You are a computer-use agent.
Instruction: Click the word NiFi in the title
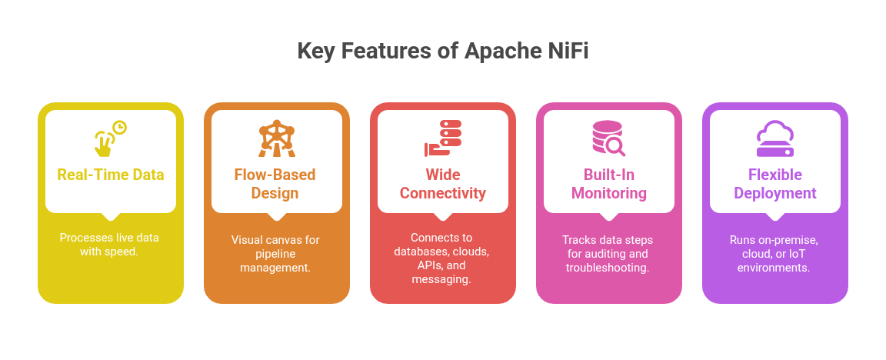(x=568, y=52)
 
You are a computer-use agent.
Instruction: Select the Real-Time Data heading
(x=111, y=175)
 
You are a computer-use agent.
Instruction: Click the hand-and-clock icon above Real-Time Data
(x=110, y=138)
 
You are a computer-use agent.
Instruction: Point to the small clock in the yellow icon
(x=119, y=128)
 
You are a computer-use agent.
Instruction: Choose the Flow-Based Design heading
(x=275, y=184)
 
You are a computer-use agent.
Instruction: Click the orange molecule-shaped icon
(x=276, y=138)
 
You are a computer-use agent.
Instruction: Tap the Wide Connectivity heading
(x=443, y=184)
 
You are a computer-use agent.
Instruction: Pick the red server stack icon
(x=443, y=138)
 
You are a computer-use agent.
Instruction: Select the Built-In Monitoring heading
(x=609, y=184)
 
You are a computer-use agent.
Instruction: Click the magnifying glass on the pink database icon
(x=615, y=147)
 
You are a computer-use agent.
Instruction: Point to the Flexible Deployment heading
(x=775, y=184)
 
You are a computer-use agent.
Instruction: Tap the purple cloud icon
(x=775, y=138)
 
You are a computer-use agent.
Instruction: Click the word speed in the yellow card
(x=123, y=252)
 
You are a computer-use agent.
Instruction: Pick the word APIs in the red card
(x=421, y=265)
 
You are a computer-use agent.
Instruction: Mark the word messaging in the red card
(x=441, y=280)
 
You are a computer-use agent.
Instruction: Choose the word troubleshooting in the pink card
(x=608, y=268)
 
